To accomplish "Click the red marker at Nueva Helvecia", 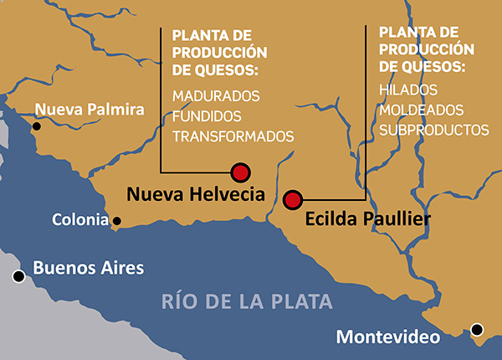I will [x=241, y=172].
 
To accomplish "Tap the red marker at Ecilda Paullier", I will [x=292, y=199].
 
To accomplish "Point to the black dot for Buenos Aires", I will [x=18, y=276].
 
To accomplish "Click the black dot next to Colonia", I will [x=117, y=222].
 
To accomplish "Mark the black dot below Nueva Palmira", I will [x=37, y=126].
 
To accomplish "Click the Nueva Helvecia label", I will [x=195, y=194].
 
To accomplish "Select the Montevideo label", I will [x=387, y=337].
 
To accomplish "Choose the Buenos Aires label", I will [x=88, y=269].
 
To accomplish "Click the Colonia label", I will [x=80, y=221].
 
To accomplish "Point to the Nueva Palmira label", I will [x=90, y=109].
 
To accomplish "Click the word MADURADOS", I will [x=216, y=95].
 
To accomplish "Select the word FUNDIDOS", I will [x=207, y=116].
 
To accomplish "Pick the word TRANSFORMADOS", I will [x=233, y=136].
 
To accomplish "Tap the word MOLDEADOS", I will [x=420, y=110].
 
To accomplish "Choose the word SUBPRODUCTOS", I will [x=433, y=130].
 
